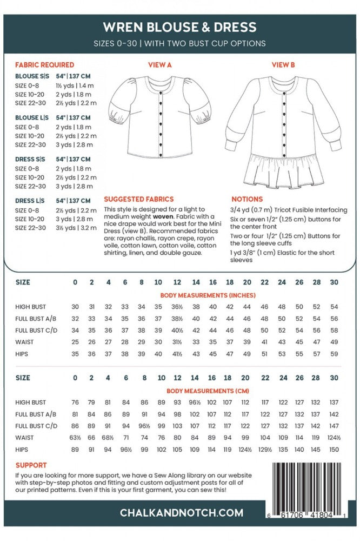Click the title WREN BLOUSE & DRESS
tap(180, 27)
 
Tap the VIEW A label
tap(160, 65)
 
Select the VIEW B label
tap(283, 65)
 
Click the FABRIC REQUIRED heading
tap(45, 65)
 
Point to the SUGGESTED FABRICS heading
tap(138, 199)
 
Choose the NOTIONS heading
tap(247, 199)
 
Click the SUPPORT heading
tap(31, 465)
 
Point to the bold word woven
tap(162, 216)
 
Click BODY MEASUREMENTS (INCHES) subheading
tap(208, 295)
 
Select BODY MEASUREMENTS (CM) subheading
tap(208, 391)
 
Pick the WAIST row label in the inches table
tap(24, 342)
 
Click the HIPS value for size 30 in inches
tap(334, 354)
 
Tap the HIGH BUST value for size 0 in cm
tap(75, 403)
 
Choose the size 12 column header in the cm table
tap(177, 378)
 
